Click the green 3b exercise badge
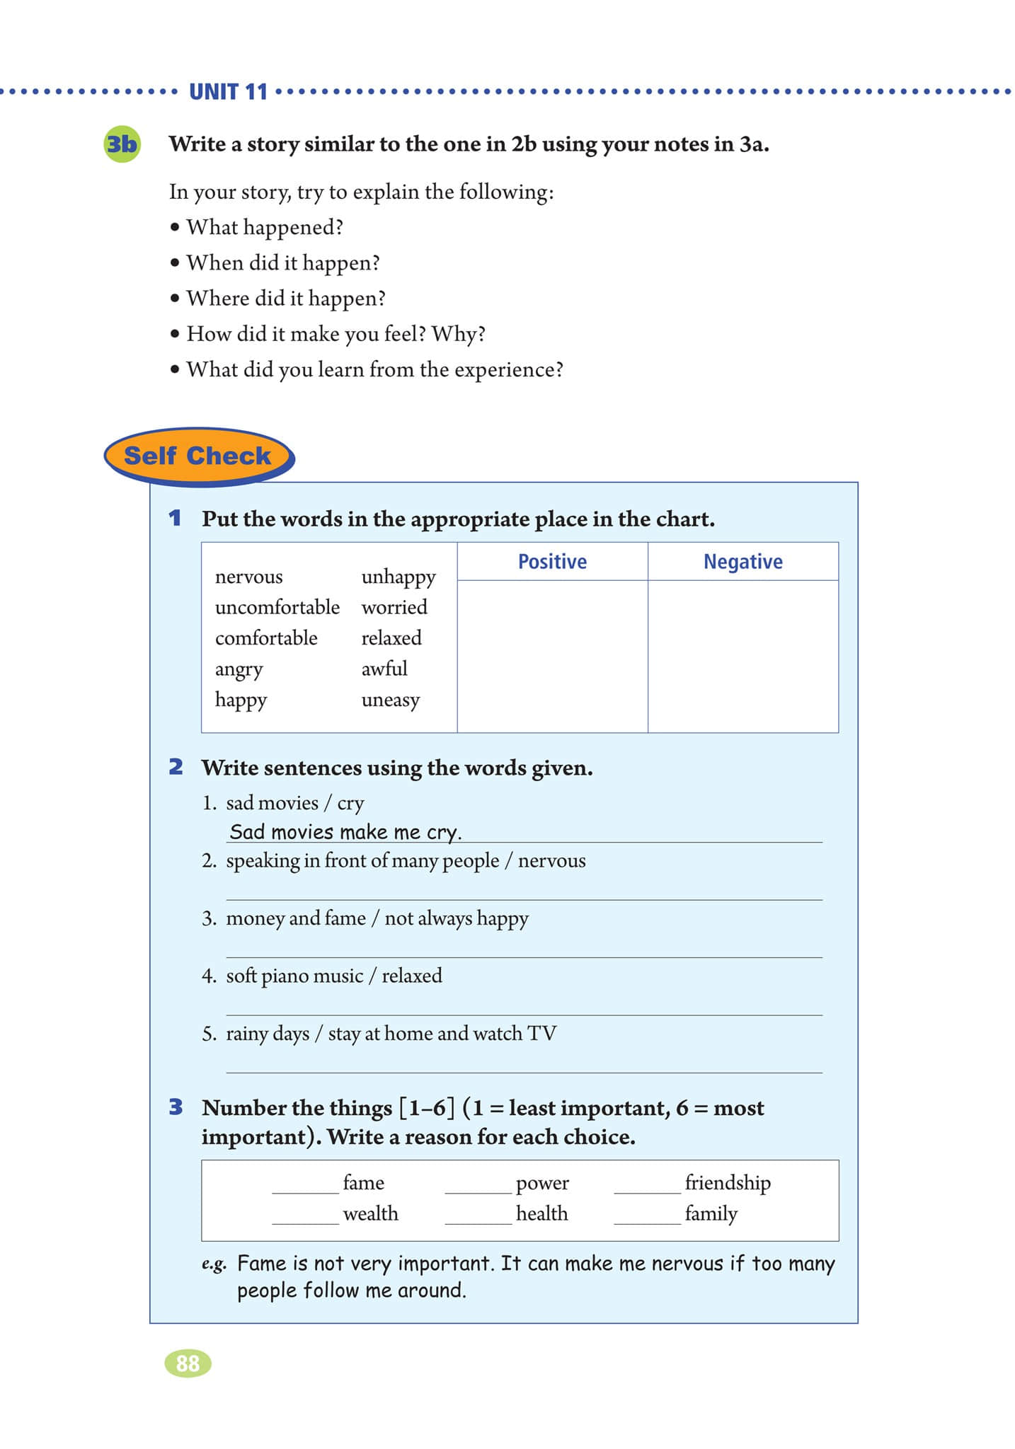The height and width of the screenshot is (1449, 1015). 122,144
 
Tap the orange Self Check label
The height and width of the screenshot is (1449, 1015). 197,456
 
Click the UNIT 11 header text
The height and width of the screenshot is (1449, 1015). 228,92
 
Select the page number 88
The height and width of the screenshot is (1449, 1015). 188,1363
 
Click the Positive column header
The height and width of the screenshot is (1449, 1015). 552,562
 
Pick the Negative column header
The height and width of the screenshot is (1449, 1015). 742,562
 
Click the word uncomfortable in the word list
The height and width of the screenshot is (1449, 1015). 277,607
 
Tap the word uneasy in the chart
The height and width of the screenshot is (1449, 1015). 390,700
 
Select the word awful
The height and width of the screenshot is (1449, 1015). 384,669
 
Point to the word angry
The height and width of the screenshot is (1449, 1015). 239,669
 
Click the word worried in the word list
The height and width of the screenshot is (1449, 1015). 394,607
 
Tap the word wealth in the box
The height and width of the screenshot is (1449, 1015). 370,1213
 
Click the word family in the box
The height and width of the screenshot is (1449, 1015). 711,1213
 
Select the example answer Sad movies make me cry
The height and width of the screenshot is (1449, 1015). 345,832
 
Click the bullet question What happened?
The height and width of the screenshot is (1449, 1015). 265,227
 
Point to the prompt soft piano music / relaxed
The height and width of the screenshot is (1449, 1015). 333,976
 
